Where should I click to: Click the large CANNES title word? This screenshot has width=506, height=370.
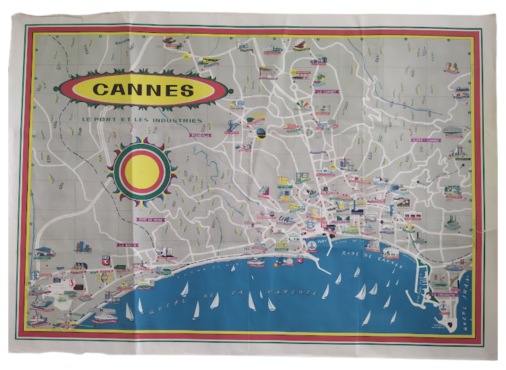tap(143, 90)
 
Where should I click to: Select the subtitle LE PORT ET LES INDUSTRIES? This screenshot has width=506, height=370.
tap(142, 120)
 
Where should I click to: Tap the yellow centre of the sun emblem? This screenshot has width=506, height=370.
tap(142, 172)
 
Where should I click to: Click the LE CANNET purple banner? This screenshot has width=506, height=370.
tap(327, 92)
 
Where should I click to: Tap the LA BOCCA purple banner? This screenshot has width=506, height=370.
tap(128, 245)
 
